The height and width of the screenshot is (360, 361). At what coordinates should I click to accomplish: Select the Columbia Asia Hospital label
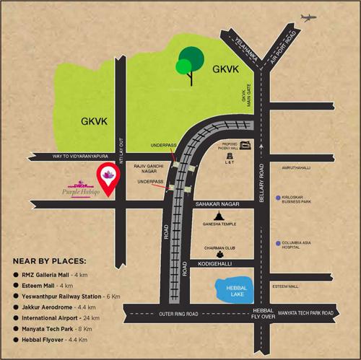[303, 246]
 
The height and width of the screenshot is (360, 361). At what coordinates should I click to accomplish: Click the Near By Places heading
[49, 260]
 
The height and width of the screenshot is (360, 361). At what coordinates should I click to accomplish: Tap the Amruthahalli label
[299, 165]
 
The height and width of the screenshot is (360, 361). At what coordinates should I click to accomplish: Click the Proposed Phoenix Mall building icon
[245, 145]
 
